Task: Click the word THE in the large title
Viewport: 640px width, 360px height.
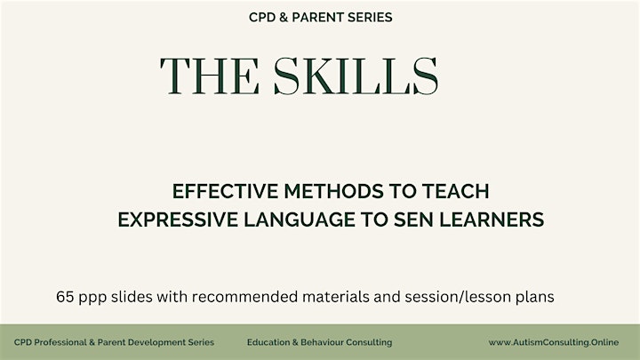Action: pyautogui.click(x=210, y=76)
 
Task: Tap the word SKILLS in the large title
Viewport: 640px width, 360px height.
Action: pyautogui.click(x=356, y=76)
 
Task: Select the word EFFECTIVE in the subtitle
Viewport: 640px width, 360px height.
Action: pyautogui.click(x=225, y=191)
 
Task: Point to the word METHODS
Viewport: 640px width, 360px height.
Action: pyautogui.click(x=334, y=191)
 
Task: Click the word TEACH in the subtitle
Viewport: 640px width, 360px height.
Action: pyautogui.click(x=455, y=191)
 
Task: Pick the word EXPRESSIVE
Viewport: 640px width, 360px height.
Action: pyautogui.click(x=178, y=220)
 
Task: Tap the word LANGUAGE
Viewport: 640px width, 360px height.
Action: pyautogui.click(x=300, y=220)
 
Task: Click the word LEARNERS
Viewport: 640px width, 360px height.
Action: pyautogui.click(x=492, y=220)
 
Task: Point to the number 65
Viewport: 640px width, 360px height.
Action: pyautogui.click(x=65, y=297)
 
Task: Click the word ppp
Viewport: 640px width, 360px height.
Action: pyautogui.click(x=92, y=299)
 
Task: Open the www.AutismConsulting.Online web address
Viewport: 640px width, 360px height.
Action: pyautogui.click(x=554, y=342)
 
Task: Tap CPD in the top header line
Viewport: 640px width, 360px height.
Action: pyautogui.click(x=262, y=17)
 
